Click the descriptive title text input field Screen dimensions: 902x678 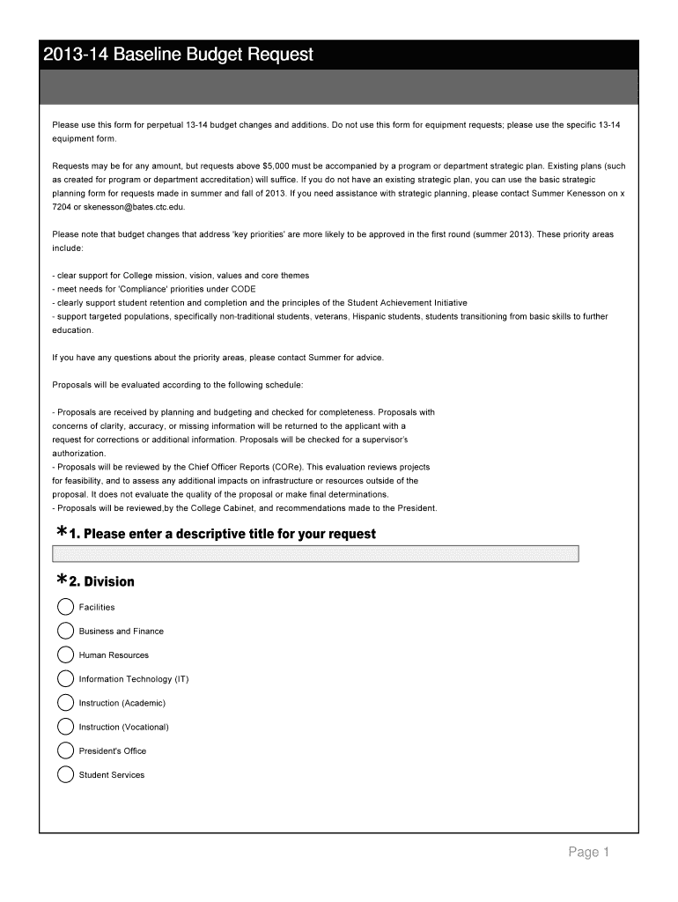[x=316, y=553]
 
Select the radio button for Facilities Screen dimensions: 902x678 [x=65, y=607]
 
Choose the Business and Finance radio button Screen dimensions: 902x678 [x=65, y=631]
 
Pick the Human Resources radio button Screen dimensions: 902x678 [x=65, y=654]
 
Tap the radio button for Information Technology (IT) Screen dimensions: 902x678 [x=65, y=679]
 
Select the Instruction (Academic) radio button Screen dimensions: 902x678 [x=65, y=703]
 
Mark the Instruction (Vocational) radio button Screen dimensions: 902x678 [x=65, y=727]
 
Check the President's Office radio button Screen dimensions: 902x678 [x=65, y=750]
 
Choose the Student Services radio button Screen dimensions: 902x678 [x=65, y=775]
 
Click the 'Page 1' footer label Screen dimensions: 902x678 [x=588, y=852]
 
